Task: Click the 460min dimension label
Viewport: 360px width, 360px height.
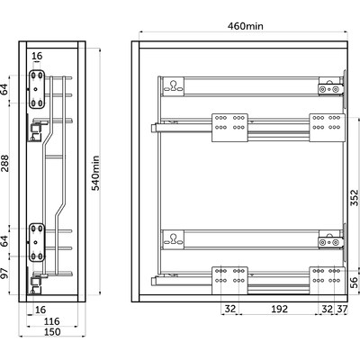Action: [246, 26]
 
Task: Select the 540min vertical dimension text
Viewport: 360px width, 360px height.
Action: [95, 173]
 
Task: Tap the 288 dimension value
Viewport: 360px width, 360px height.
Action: [4, 163]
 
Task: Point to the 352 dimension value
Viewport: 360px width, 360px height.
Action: [355, 197]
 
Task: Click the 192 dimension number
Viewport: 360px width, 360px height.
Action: [279, 309]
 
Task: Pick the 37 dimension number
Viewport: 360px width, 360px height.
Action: [341, 309]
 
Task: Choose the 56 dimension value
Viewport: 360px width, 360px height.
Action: [355, 283]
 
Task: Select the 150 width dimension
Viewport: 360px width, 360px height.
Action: [52, 332]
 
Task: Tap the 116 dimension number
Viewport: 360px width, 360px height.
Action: [52, 321]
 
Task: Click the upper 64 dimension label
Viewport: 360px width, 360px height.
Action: [4, 89]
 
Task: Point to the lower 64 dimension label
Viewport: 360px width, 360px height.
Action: [4, 241]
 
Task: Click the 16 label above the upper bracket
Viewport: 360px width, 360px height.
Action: [37, 56]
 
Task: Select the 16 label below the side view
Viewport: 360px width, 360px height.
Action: [40, 310]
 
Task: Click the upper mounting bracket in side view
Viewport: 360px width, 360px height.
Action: [37, 89]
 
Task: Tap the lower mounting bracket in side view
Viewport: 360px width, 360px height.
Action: [37, 242]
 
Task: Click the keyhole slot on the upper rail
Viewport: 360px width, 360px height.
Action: [173, 86]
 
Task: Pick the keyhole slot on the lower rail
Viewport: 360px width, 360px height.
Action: [173, 239]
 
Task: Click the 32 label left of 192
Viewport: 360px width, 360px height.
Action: [230, 309]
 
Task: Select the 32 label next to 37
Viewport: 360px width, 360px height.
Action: [327, 309]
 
